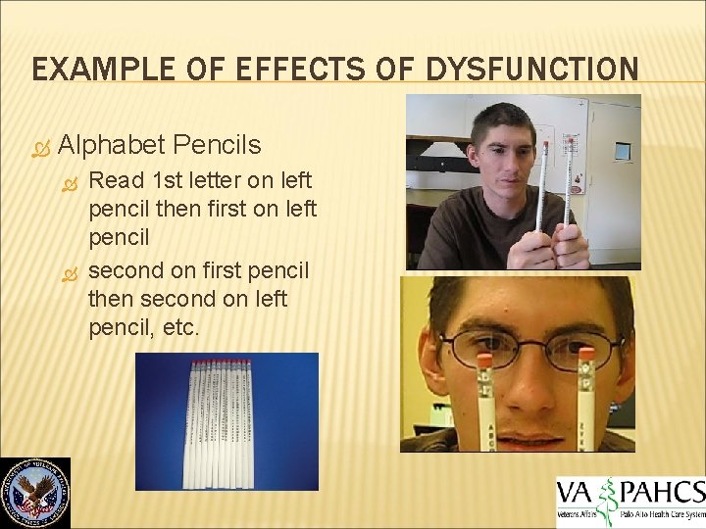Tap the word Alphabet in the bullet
click(x=111, y=146)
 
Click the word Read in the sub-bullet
click(x=115, y=181)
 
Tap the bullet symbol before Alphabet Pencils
click(x=39, y=148)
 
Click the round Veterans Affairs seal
click(x=35, y=493)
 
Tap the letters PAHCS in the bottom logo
click(x=660, y=491)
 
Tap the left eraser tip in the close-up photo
click(x=484, y=361)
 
